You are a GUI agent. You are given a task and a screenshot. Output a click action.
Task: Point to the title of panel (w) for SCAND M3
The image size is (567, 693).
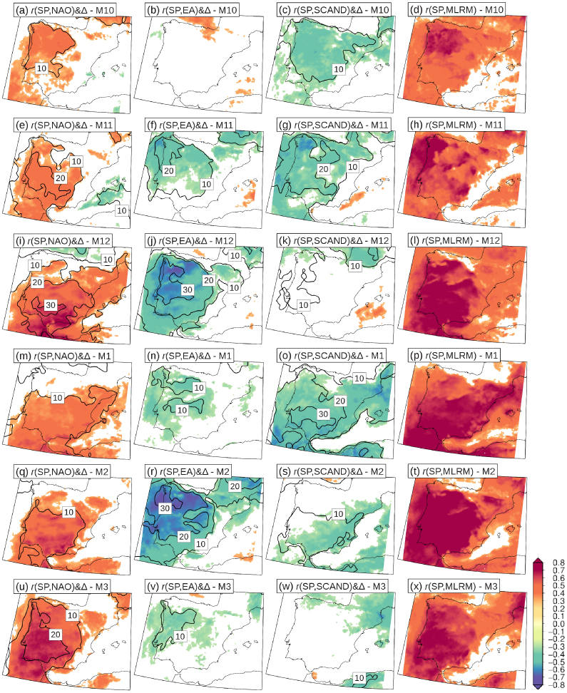(332, 587)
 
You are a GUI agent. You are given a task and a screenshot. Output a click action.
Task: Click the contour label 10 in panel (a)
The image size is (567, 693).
(41, 67)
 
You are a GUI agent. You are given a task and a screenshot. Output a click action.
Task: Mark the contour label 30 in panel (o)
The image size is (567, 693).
(322, 414)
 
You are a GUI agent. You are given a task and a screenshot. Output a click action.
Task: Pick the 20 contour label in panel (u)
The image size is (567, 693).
(56, 633)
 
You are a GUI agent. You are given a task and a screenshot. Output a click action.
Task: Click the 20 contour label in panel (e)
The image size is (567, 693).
(60, 178)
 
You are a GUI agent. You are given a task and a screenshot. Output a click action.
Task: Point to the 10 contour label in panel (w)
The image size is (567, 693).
(359, 677)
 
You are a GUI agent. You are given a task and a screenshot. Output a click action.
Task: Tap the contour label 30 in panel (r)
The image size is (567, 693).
(164, 508)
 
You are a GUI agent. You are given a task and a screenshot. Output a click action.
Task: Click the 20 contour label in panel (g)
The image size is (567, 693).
(323, 170)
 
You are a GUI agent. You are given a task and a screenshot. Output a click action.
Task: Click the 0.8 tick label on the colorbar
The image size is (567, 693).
(558, 563)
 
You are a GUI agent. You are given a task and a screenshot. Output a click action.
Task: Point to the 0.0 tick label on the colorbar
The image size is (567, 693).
(558, 624)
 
